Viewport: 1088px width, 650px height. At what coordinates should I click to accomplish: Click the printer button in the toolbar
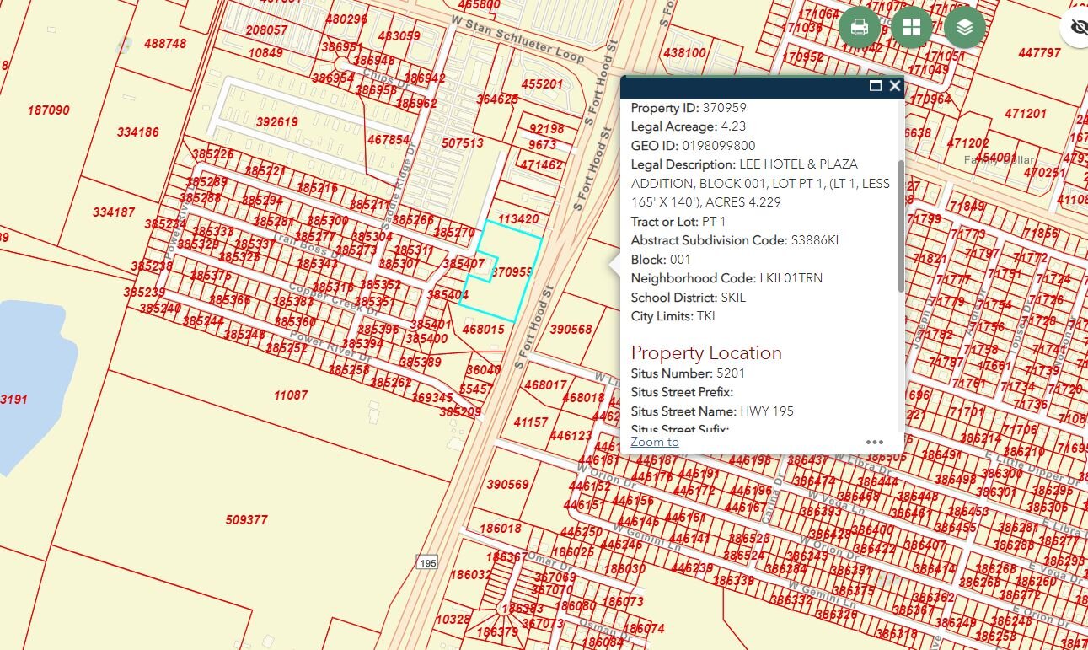(860, 27)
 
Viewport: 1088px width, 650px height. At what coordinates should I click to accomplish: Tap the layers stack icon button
(965, 27)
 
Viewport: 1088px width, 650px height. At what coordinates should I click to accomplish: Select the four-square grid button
(912, 27)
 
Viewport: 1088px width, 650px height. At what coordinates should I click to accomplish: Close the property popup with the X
(895, 86)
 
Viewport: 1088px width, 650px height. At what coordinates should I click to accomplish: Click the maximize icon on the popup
(876, 86)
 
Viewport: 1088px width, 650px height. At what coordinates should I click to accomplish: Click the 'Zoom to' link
(655, 442)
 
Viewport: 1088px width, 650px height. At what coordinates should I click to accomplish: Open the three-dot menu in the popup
(875, 442)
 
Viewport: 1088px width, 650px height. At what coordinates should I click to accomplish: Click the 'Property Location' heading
(706, 352)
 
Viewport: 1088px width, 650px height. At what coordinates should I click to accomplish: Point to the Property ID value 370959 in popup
(724, 108)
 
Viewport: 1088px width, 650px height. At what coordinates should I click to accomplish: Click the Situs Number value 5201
(731, 373)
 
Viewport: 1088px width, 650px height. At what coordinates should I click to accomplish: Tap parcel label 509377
(247, 520)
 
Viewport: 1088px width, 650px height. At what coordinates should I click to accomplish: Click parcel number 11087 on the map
(291, 395)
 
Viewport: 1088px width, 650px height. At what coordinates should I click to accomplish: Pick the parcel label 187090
(49, 110)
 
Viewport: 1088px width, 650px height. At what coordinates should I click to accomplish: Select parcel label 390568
(571, 330)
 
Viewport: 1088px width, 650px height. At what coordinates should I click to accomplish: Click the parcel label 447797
(1039, 52)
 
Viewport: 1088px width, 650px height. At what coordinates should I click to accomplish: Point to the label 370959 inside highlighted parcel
(512, 272)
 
